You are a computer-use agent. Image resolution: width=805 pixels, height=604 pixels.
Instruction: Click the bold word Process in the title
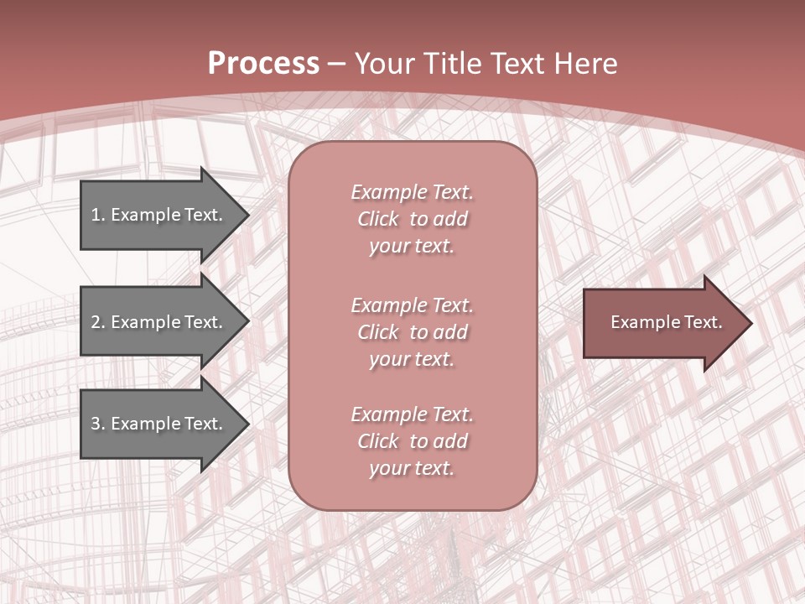pyautogui.click(x=263, y=64)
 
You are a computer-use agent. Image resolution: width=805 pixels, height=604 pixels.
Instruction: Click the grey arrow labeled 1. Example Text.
pyautogui.click(x=159, y=215)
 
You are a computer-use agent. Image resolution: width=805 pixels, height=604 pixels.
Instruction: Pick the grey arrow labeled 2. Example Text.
pyautogui.click(x=159, y=322)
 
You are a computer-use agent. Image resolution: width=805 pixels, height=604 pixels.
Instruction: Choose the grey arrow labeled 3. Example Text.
pyautogui.click(x=159, y=424)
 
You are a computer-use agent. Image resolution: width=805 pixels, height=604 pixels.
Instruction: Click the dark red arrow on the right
pyautogui.click(x=662, y=322)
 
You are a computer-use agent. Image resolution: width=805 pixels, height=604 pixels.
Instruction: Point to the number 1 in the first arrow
pyautogui.click(x=96, y=215)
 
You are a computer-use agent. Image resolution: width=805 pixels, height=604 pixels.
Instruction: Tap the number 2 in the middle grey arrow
pyautogui.click(x=96, y=322)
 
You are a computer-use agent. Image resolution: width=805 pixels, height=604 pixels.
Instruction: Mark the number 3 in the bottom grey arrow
pyautogui.click(x=96, y=424)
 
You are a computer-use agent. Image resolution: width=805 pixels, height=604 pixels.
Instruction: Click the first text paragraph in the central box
pyautogui.click(x=412, y=219)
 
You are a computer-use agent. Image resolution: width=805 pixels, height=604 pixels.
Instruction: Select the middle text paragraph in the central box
pyautogui.click(x=412, y=331)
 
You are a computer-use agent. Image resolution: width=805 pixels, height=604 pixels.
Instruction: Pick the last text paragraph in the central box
pyautogui.click(x=412, y=440)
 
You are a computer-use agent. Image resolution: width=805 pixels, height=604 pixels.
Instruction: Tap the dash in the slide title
pyautogui.click(x=337, y=64)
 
